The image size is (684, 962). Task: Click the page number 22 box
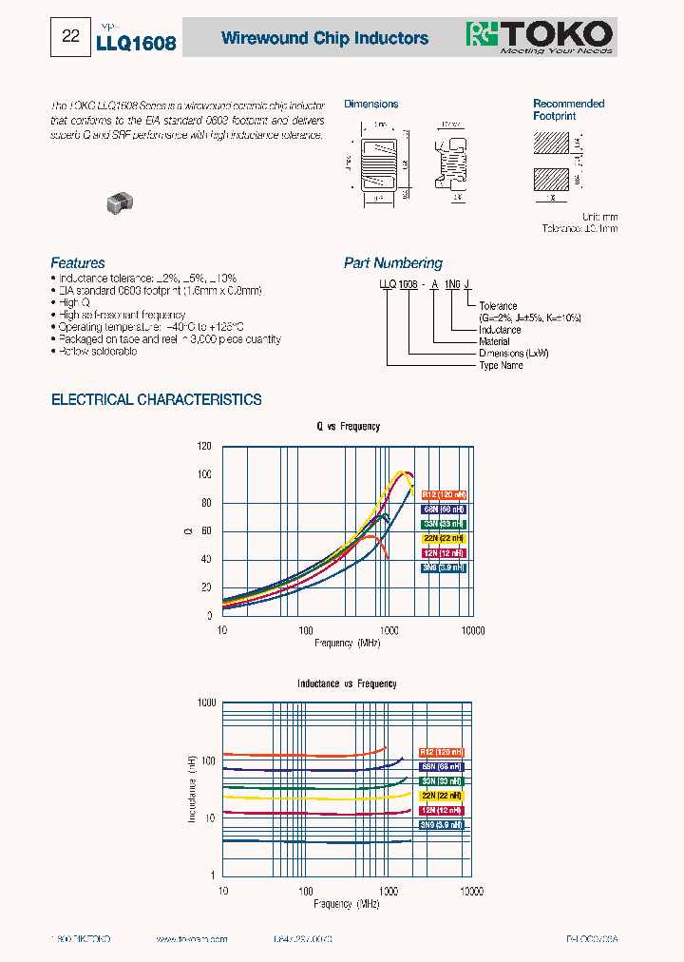tap(70, 37)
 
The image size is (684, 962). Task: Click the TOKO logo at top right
tap(539, 36)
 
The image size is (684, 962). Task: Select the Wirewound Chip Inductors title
tap(324, 38)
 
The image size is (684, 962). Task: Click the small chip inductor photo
tap(120, 201)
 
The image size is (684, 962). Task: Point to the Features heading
tap(78, 263)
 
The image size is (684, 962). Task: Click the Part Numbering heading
tap(392, 263)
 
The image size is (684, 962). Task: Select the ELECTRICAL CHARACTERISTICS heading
tap(156, 400)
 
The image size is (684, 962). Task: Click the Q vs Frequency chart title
tap(348, 427)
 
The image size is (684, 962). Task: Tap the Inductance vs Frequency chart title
tap(347, 683)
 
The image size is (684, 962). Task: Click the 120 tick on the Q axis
tap(204, 446)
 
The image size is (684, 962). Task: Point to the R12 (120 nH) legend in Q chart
tap(443, 495)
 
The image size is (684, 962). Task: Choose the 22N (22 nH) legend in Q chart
tap(443, 539)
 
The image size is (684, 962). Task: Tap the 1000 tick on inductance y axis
tap(206, 702)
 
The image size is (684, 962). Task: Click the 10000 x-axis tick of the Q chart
tap(472, 630)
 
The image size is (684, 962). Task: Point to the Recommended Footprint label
tap(568, 109)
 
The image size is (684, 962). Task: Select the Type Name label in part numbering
tap(501, 365)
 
